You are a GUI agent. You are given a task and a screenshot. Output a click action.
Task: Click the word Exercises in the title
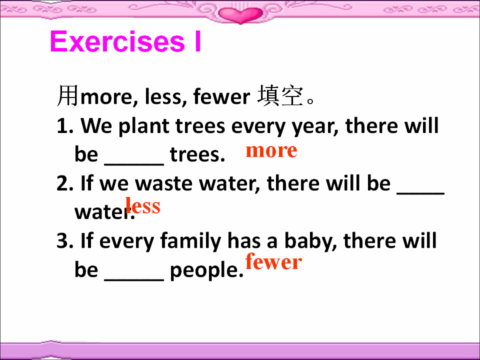click(117, 41)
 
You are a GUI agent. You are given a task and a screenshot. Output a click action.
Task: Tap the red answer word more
click(271, 150)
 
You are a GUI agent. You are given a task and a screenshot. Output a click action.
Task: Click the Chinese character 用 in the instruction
click(67, 96)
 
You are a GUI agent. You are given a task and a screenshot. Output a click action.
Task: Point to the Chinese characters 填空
click(280, 96)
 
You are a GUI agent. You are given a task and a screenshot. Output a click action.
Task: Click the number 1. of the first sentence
click(65, 126)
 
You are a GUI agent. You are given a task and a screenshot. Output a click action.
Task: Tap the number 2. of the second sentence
click(65, 183)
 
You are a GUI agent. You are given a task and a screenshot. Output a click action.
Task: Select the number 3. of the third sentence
click(65, 240)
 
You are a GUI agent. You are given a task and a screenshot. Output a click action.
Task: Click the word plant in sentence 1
click(144, 126)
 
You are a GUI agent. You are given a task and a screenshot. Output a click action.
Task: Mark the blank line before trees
click(134, 164)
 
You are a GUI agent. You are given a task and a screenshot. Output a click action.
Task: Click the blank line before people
click(134, 279)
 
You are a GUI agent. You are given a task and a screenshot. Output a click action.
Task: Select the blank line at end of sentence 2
click(420, 193)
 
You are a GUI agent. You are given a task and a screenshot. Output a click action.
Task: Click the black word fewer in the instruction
click(221, 96)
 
